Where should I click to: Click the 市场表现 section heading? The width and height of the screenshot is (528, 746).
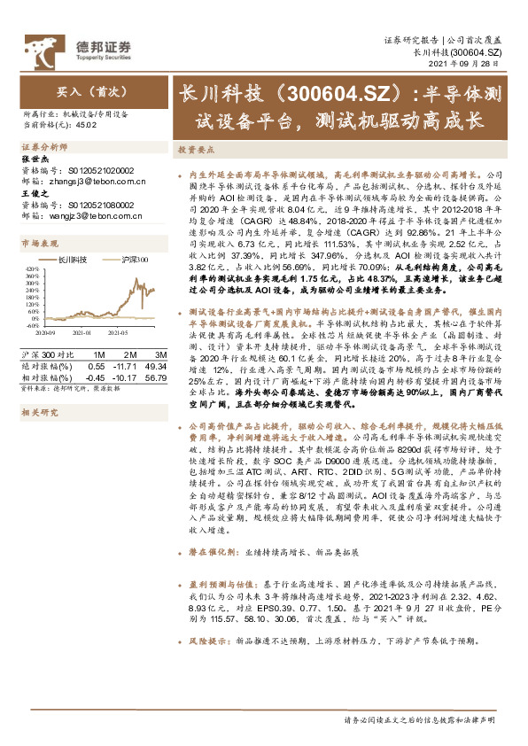coord(39,242)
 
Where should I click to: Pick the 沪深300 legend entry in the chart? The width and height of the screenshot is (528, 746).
coord(129,260)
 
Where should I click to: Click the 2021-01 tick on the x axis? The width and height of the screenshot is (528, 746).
coord(82,333)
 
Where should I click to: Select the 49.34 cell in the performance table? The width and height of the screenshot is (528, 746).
coord(156,364)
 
